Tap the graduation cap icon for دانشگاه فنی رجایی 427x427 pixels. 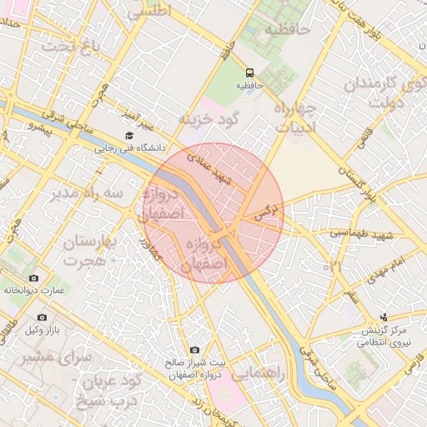point(128,136)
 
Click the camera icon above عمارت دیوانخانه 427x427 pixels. point(33,278)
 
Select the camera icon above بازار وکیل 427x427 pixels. point(43,318)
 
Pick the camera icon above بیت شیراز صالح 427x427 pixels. point(194,350)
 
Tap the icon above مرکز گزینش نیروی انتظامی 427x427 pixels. point(383,317)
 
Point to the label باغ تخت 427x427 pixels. point(71,44)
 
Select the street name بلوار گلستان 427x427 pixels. point(369,178)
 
